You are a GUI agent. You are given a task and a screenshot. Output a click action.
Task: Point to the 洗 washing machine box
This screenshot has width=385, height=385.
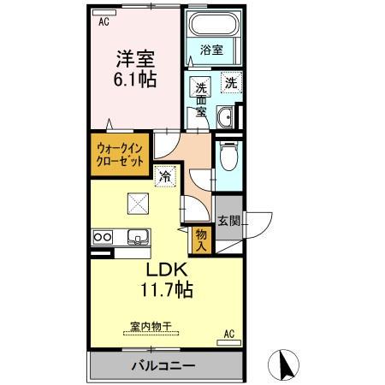(228, 83)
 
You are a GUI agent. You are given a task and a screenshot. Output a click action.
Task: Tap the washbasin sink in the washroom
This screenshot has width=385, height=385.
(226, 116)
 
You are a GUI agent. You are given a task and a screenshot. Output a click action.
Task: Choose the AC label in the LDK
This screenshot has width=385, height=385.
(228, 332)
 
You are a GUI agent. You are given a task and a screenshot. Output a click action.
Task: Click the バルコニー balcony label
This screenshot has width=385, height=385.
(163, 366)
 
